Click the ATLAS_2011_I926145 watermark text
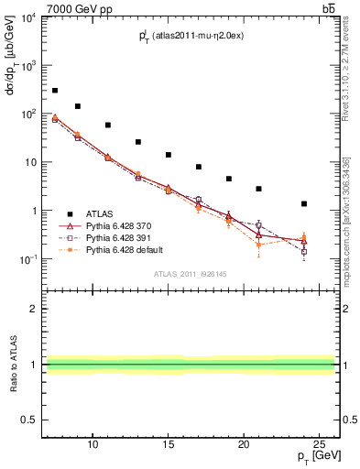191,274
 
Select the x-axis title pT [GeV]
318,454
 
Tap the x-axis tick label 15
169,443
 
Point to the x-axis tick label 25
320,443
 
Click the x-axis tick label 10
93,443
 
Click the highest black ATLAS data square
55,91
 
